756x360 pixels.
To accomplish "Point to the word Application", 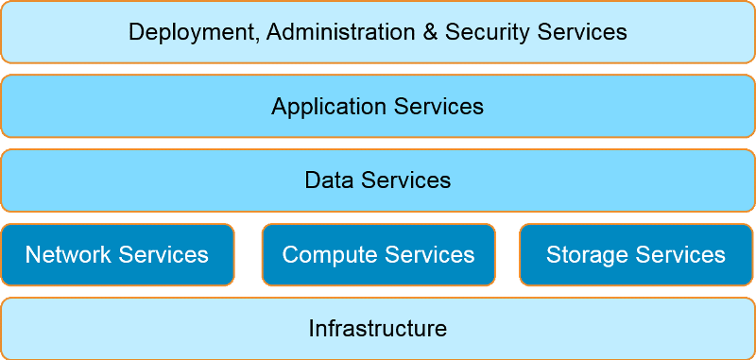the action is coord(324,107).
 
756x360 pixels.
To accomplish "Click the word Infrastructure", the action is coord(378,329).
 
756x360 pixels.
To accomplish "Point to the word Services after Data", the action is coord(404,180).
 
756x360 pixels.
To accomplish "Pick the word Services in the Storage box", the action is coord(680,255).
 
